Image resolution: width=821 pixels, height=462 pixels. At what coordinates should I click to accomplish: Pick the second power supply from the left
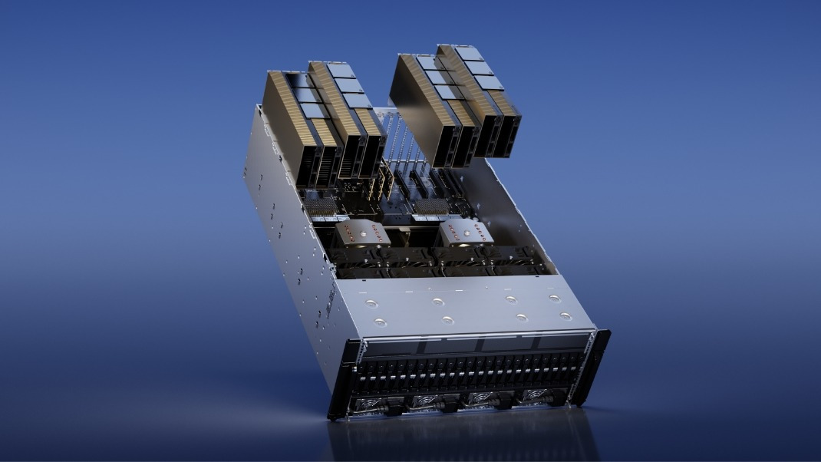coord(427,401)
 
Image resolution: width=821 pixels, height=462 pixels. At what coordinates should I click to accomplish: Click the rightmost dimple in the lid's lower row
coord(565,315)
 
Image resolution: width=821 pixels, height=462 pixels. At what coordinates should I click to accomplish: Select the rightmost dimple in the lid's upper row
coord(554,298)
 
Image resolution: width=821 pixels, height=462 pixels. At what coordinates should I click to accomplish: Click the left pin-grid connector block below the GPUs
coord(323,206)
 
